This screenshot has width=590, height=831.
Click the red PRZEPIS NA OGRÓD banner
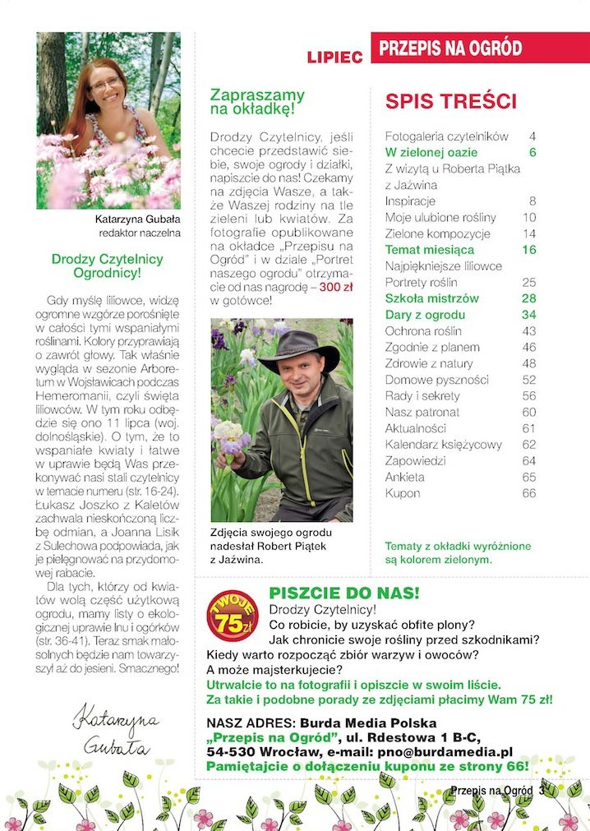pyautogui.click(x=480, y=48)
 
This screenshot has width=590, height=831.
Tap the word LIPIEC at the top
pyautogui.click(x=334, y=58)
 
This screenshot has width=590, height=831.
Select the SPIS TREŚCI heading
pyautogui.click(x=451, y=102)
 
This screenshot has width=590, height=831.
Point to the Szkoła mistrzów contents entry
pyautogui.click(x=431, y=298)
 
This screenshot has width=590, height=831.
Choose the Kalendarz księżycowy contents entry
pyautogui.click(x=443, y=445)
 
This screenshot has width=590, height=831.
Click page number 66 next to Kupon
pyautogui.click(x=528, y=493)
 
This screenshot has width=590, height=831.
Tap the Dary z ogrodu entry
pyautogui.click(x=425, y=315)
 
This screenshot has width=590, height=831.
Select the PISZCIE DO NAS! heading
pyautogui.click(x=344, y=593)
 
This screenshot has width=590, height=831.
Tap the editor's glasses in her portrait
pyautogui.click(x=105, y=84)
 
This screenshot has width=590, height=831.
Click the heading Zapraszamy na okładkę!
pyautogui.click(x=257, y=101)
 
